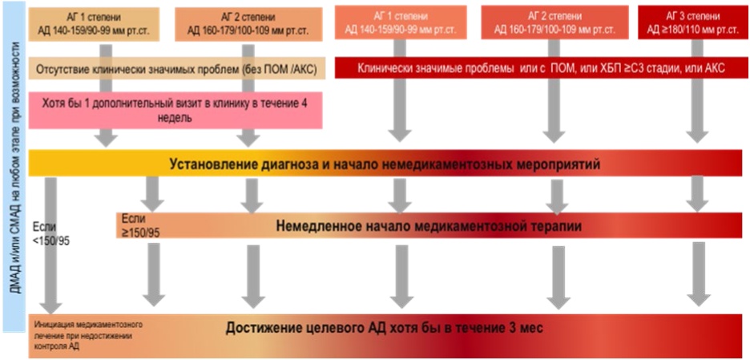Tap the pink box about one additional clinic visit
[x=175, y=110]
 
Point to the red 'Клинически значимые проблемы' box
[x=538, y=68]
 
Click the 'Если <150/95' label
[x=51, y=233]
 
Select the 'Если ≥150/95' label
[x=141, y=225]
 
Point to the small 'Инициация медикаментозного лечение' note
[x=88, y=335]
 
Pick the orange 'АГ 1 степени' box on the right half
[x=401, y=23]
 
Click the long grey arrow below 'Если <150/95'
[x=50, y=246]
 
